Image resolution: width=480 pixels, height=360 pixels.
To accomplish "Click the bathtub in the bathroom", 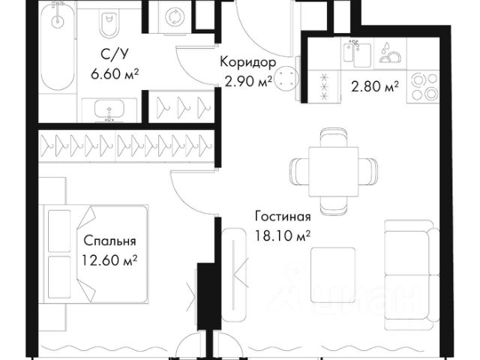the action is tap(58, 46).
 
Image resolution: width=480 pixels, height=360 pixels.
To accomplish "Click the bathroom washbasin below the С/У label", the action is tap(109, 109).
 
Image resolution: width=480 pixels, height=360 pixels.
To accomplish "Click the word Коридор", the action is tap(248, 62).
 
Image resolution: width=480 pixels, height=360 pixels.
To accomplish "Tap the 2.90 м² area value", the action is tap(248, 82).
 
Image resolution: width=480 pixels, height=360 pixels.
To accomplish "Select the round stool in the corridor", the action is tap(286, 78).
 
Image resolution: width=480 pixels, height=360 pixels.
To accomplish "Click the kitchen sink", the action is tap(357, 54).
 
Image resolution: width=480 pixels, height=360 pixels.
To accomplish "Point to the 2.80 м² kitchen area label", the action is tap(375, 87).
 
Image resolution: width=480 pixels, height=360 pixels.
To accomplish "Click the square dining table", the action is tap(333, 172).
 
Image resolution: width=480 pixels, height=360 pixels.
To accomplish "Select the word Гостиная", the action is tap(283, 217).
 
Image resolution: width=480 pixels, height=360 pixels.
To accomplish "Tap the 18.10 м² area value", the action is tap(283, 236).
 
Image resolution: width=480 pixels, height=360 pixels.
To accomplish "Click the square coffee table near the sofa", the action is tap(333, 275).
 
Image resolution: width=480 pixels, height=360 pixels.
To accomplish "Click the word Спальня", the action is tap(109, 241).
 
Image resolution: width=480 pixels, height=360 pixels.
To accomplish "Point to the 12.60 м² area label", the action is tap(109, 260).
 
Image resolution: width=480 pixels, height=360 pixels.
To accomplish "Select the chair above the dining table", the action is tap(334, 138).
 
